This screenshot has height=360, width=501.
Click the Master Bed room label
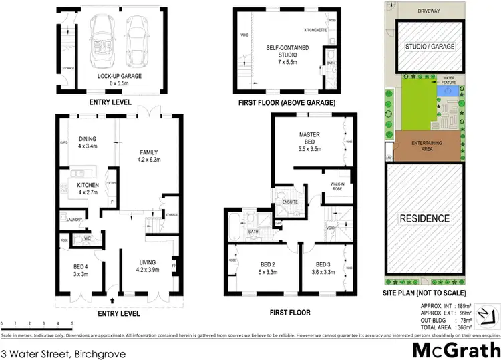[x=310, y=138]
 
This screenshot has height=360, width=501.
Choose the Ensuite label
[x=290, y=201]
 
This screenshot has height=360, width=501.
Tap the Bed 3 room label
[x=323, y=268]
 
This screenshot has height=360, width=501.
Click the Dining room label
[x=88, y=142]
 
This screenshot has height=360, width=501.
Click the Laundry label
[x=74, y=218]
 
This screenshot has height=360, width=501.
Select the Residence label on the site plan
[x=424, y=218]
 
